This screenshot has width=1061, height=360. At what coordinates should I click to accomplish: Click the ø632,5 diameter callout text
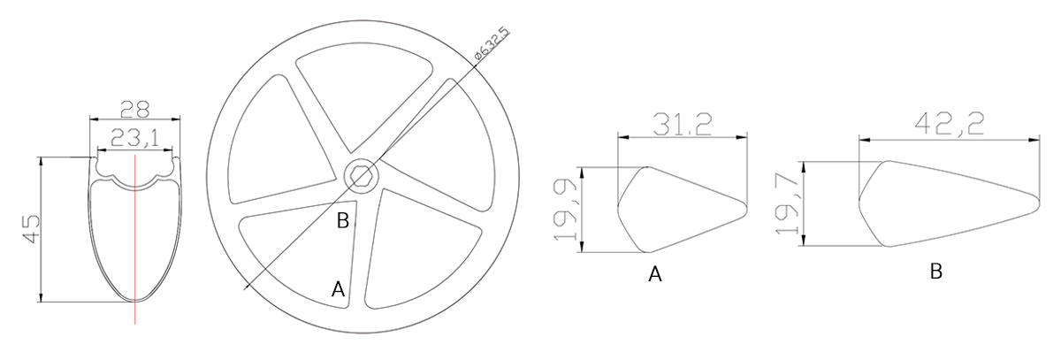pyautogui.click(x=491, y=43)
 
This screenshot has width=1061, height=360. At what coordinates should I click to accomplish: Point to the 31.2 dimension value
pyautogui.click(x=682, y=126)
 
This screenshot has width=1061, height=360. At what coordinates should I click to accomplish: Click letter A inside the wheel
pyautogui.click(x=337, y=288)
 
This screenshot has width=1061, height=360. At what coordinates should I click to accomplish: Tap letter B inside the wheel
pyautogui.click(x=341, y=221)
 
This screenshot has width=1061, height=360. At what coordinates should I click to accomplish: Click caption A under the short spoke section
pyautogui.click(x=655, y=274)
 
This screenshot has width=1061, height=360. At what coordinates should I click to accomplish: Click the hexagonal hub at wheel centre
pyautogui.click(x=361, y=176)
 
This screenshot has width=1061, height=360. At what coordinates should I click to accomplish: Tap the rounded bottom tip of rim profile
pyautogui.click(x=135, y=300)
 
